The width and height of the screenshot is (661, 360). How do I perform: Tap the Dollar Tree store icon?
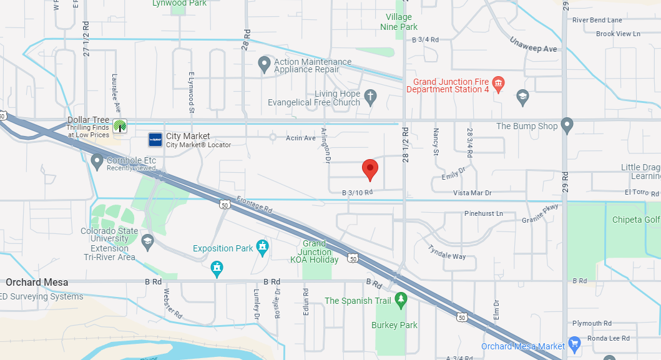tap(119, 125)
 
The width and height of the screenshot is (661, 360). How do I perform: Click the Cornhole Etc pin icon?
tap(97, 162)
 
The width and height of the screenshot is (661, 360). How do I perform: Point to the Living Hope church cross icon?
tap(371, 97)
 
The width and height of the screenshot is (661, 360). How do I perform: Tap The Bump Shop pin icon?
tap(567, 125)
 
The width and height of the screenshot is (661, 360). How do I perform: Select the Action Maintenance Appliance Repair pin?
tap(264, 64)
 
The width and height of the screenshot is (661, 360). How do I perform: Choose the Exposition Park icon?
tap(263, 248)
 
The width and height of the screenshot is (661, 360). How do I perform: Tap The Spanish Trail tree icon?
tap(401, 300)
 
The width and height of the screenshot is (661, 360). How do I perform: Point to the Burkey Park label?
tap(394, 325)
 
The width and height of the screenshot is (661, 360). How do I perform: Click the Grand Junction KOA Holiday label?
tap(315, 251)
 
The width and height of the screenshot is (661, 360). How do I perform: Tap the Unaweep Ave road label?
tap(533, 44)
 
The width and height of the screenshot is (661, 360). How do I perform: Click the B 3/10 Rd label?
tap(358, 193)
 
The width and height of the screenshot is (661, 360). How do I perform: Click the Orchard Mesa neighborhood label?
tap(37, 282)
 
